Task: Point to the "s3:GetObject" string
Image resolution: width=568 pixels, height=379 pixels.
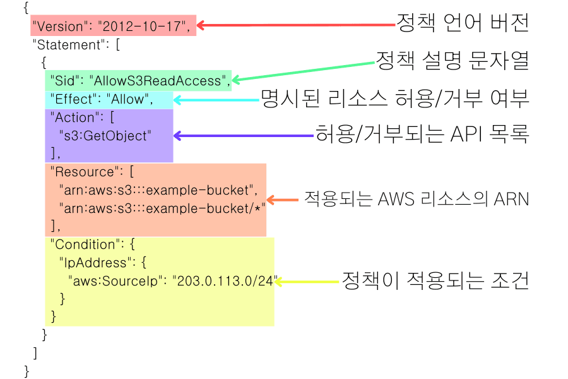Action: tap(105, 135)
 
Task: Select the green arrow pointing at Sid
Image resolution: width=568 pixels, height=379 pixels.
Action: tap(303, 71)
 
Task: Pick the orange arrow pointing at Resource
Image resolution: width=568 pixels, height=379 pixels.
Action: tap(282, 200)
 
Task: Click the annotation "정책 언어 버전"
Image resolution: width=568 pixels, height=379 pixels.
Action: tap(462, 23)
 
